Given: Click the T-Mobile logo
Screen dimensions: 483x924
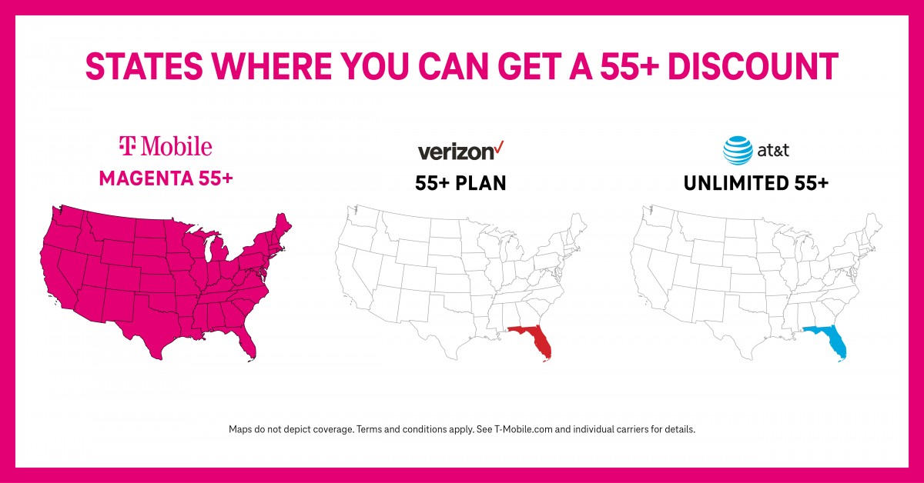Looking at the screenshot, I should [166, 145].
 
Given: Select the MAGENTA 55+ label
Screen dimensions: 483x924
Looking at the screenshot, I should [166, 178].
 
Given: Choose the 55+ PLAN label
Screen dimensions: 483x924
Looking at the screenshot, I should [461, 184].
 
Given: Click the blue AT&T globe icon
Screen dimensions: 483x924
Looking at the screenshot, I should [737, 150].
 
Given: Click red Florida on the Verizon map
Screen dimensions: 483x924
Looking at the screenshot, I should [541, 341].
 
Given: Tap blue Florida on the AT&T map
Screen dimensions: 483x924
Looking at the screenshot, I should [834, 341].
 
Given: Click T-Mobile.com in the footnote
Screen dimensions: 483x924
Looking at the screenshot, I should [522, 429].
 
